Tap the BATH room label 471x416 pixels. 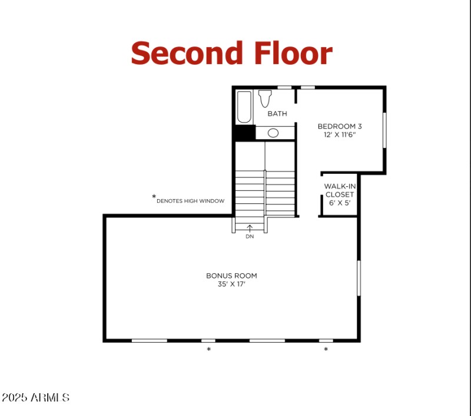277,113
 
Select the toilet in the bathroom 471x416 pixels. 264,98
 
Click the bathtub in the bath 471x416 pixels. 244,106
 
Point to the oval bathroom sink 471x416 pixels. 273,133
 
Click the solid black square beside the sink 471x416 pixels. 244,133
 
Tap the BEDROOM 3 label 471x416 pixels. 340,126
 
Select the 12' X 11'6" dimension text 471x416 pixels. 340,135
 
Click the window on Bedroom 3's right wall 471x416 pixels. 384,130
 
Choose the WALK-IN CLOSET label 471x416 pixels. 339,190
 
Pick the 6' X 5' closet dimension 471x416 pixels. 339,203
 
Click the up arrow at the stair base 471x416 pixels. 250,227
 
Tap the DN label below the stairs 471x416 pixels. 250,236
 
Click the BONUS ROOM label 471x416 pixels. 231,276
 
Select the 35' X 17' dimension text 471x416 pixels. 231,284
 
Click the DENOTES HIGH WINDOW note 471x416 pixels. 190,201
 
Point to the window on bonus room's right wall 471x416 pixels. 358,278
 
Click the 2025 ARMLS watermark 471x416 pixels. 35,398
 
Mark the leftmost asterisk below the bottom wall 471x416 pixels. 208,350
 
